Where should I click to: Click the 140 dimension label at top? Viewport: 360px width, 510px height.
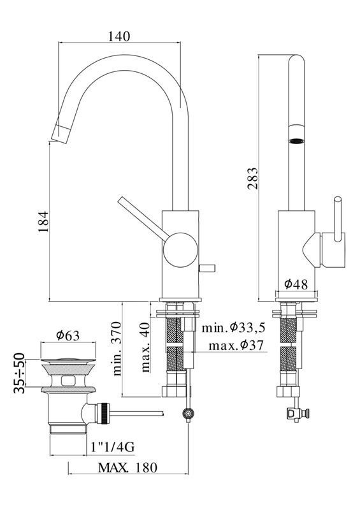[x=119, y=36]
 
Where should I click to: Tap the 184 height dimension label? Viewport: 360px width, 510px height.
[x=43, y=221]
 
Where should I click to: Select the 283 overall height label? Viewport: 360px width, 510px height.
[x=252, y=178]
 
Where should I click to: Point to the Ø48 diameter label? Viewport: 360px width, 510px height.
[x=296, y=284]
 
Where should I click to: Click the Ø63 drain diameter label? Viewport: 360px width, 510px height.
[x=68, y=335]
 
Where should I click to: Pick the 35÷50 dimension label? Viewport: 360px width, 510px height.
[x=20, y=373]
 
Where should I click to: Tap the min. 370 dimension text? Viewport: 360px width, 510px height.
[x=117, y=349]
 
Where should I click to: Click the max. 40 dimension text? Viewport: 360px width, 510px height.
[x=145, y=347]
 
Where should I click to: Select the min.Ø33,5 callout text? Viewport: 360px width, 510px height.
[x=233, y=328]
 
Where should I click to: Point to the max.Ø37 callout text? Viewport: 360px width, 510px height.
[x=236, y=345]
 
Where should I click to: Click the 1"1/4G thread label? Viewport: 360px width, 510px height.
[x=113, y=448]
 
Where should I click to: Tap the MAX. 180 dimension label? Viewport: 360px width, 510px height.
[x=127, y=467]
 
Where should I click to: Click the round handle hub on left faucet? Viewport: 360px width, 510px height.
[x=180, y=250]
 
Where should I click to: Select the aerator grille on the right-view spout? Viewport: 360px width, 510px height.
[x=296, y=141]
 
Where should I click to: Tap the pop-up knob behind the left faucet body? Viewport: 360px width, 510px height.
[x=207, y=268]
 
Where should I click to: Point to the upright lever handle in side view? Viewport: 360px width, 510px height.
[x=338, y=220]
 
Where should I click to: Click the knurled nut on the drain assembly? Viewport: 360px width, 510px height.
[x=103, y=413]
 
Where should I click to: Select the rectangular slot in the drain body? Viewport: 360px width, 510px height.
[x=68, y=381]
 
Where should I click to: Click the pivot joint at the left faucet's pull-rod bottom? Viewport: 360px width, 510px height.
[x=189, y=413]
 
